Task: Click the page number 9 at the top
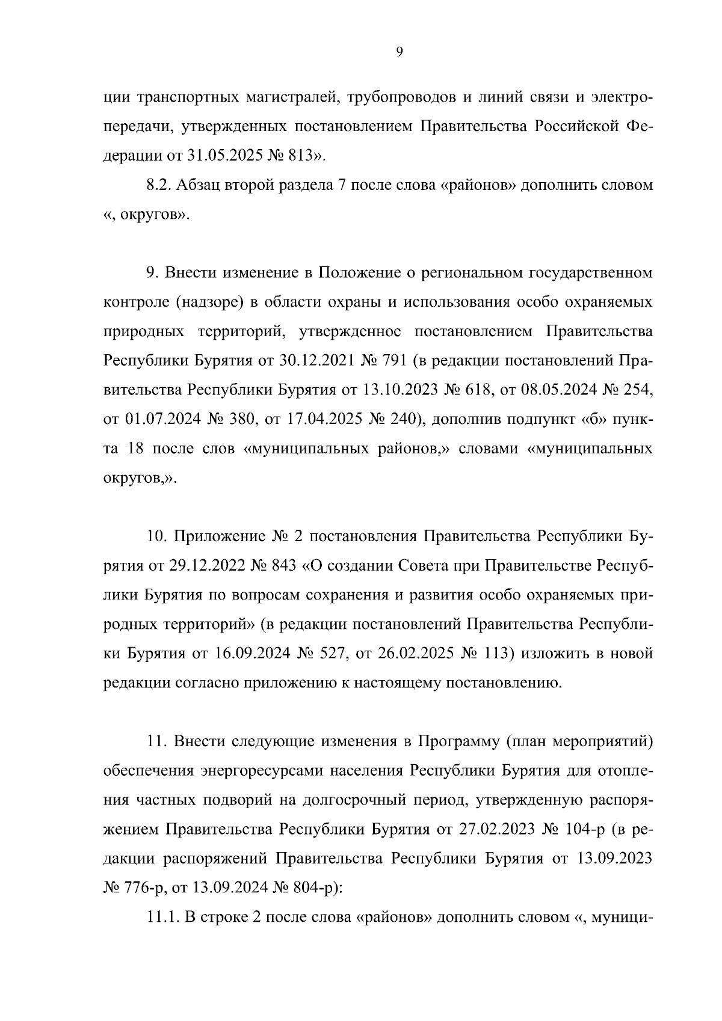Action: point(400,52)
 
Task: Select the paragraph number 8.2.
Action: point(159,185)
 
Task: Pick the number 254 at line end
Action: point(636,390)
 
